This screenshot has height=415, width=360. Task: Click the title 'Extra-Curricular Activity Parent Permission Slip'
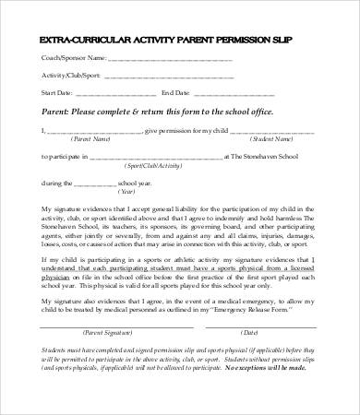180,41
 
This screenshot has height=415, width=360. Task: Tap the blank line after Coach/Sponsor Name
166,59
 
